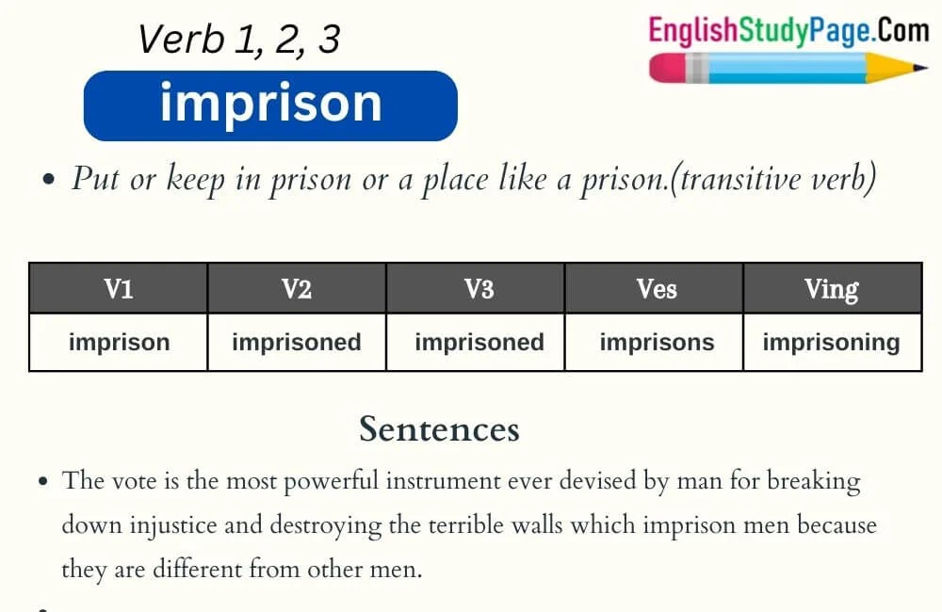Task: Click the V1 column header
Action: (119, 289)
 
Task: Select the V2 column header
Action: (297, 289)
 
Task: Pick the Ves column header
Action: (656, 289)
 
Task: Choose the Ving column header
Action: (832, 289)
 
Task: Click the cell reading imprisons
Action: (657, 342)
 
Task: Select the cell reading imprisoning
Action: (831, 342)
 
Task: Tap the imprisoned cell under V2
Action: (297, 342)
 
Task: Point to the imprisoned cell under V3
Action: (479, 342)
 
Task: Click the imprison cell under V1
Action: (119, 342)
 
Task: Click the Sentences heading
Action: (439, 429)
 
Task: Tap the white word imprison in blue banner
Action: (270, 105)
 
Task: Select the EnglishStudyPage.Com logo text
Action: (788, 30)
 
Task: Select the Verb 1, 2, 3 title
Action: (238, 40)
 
